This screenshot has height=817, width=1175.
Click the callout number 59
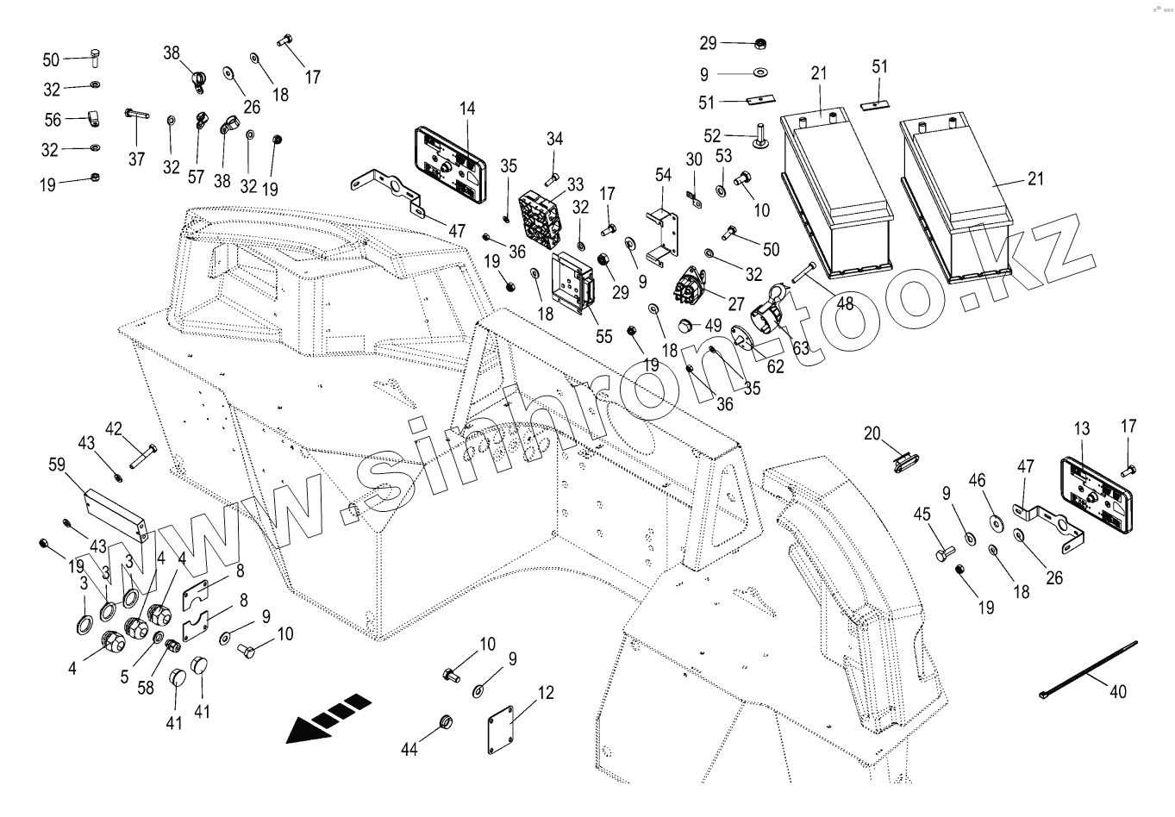57,466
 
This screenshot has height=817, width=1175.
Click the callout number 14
466,109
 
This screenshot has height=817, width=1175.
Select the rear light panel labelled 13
1096,495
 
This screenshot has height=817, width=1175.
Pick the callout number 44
409,750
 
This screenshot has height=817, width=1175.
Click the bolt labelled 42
142,458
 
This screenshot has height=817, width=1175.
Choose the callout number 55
604,336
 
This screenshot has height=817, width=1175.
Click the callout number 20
872,433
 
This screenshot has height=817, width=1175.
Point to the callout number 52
712,136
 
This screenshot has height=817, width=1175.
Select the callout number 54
662,175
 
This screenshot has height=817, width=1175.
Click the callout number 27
734,304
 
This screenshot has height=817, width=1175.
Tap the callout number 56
52,120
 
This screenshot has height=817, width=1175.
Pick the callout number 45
922,515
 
